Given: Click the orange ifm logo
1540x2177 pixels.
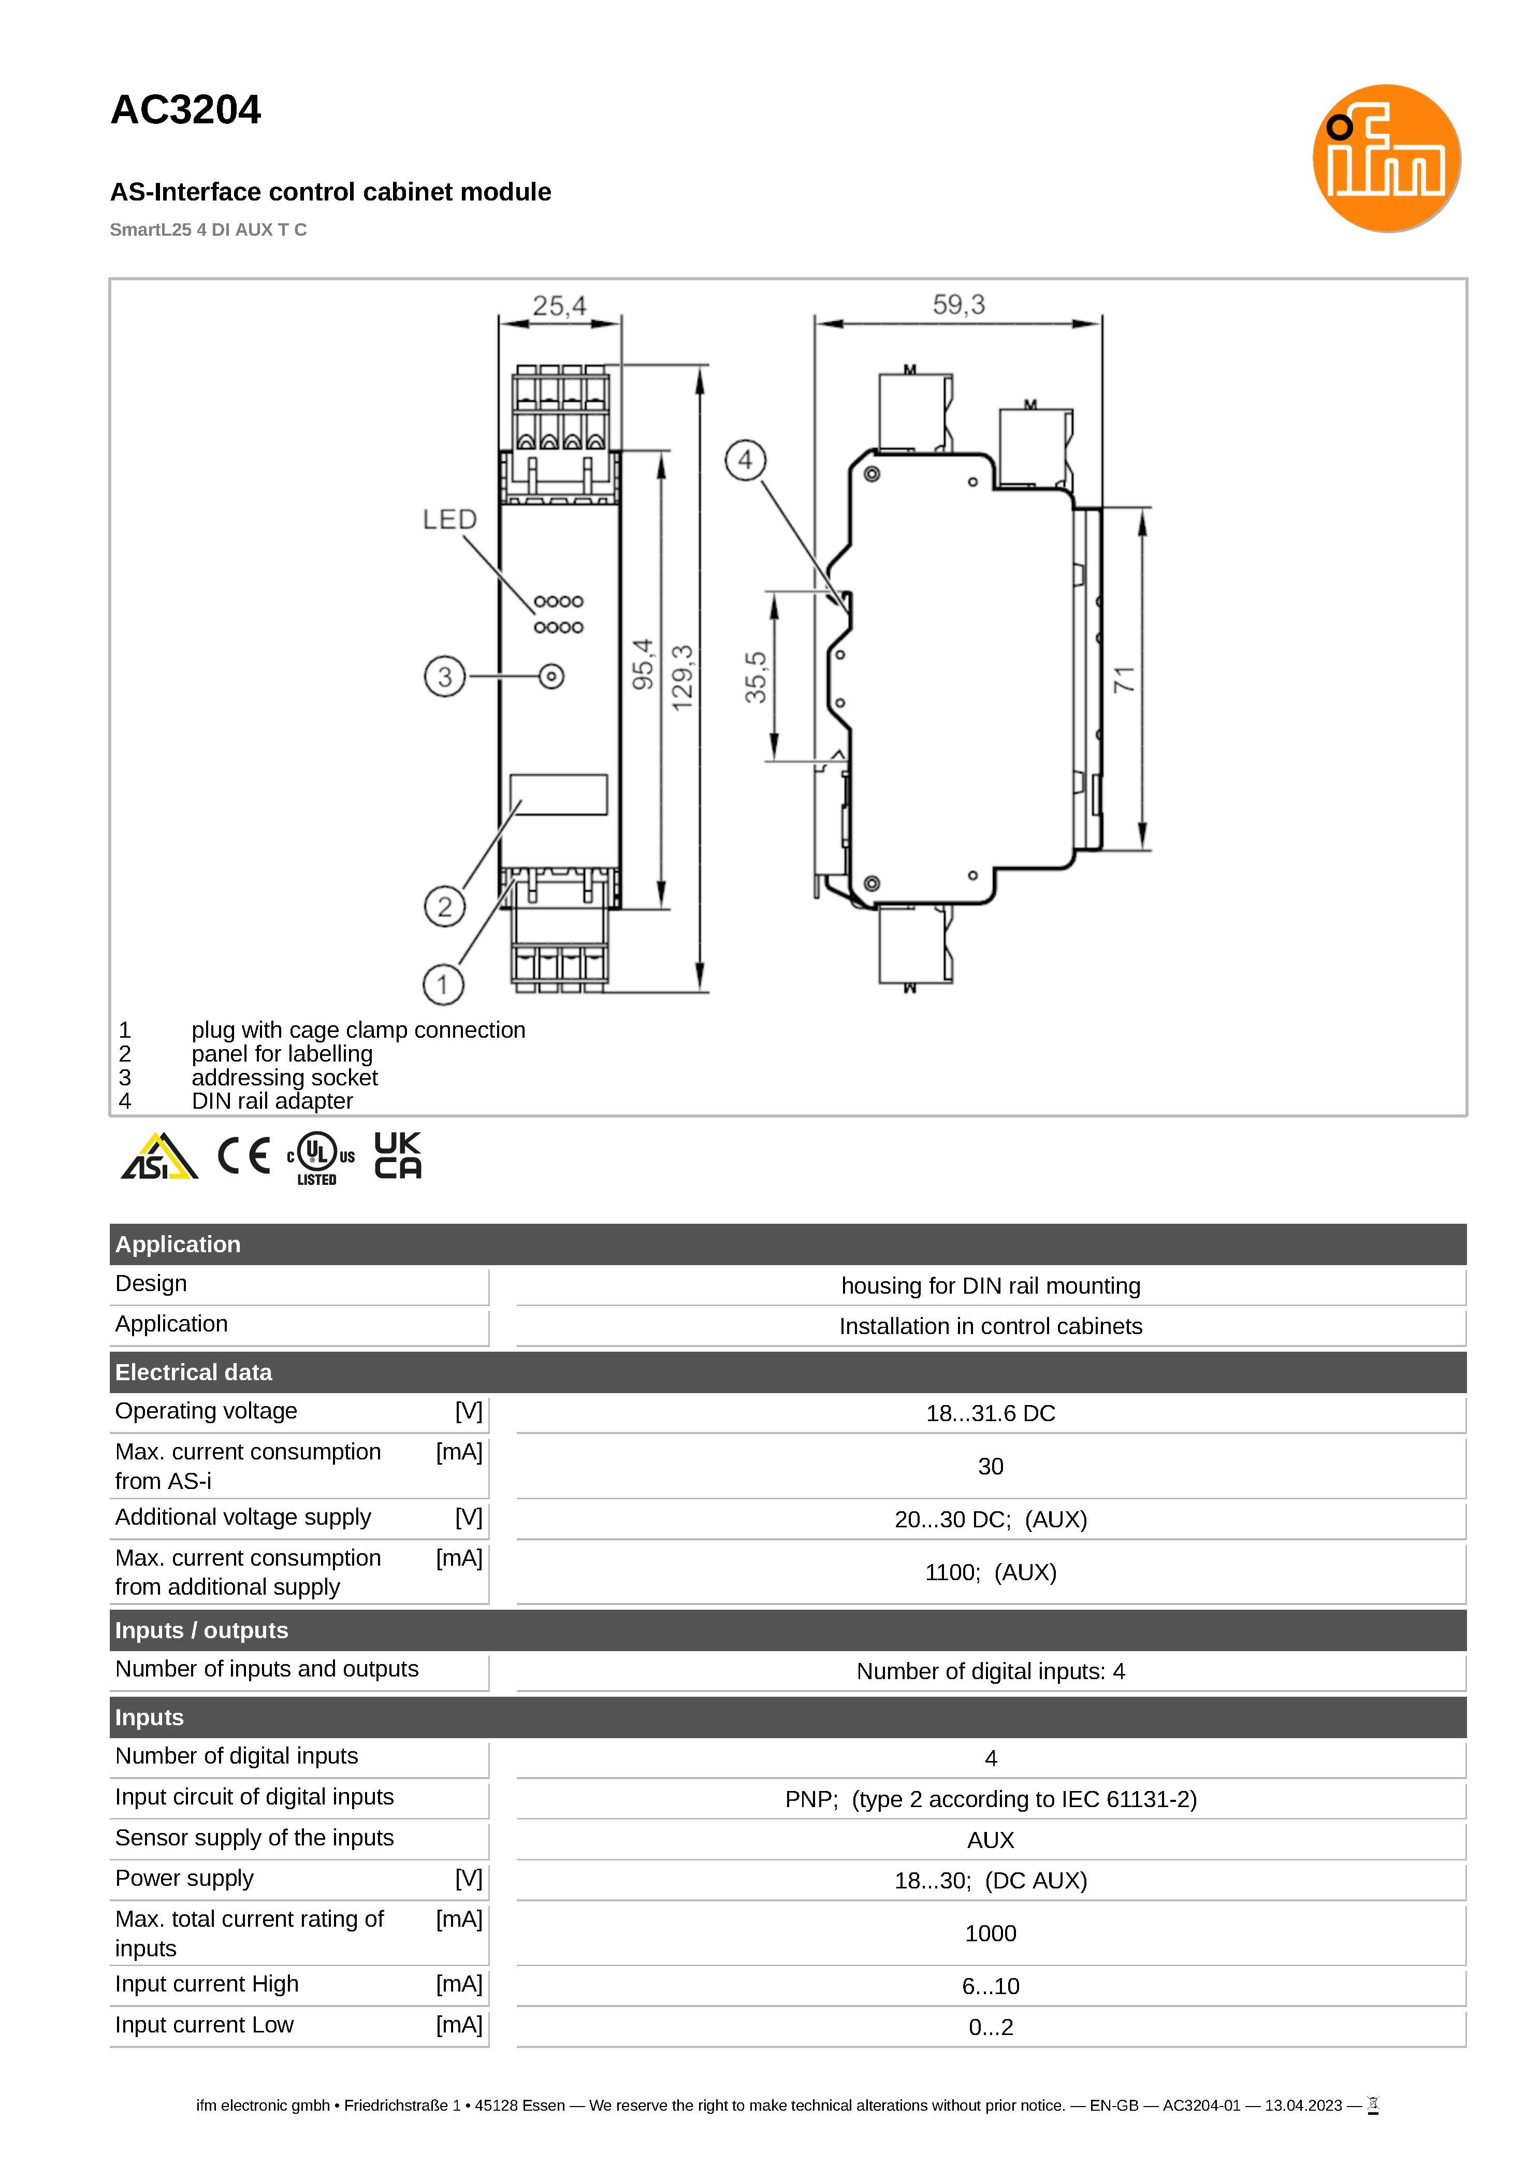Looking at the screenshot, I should (1386, 157).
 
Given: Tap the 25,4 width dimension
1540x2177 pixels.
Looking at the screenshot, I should (559, 306).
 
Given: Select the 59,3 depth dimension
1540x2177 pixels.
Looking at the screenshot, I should (958, 305).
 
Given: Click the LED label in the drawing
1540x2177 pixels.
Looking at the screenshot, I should (449, 520).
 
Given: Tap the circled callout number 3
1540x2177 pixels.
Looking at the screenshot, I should (445, 676).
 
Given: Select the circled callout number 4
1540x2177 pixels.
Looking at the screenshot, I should (745, 460).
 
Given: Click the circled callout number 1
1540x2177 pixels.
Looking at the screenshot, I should (443, 985).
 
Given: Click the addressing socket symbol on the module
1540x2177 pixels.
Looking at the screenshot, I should (551, 676).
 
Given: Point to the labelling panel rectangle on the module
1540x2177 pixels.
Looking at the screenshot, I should (559, 794).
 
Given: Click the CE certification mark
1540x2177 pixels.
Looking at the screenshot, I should (244, 1155).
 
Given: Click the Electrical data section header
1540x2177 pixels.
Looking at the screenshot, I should (194, 1372).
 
